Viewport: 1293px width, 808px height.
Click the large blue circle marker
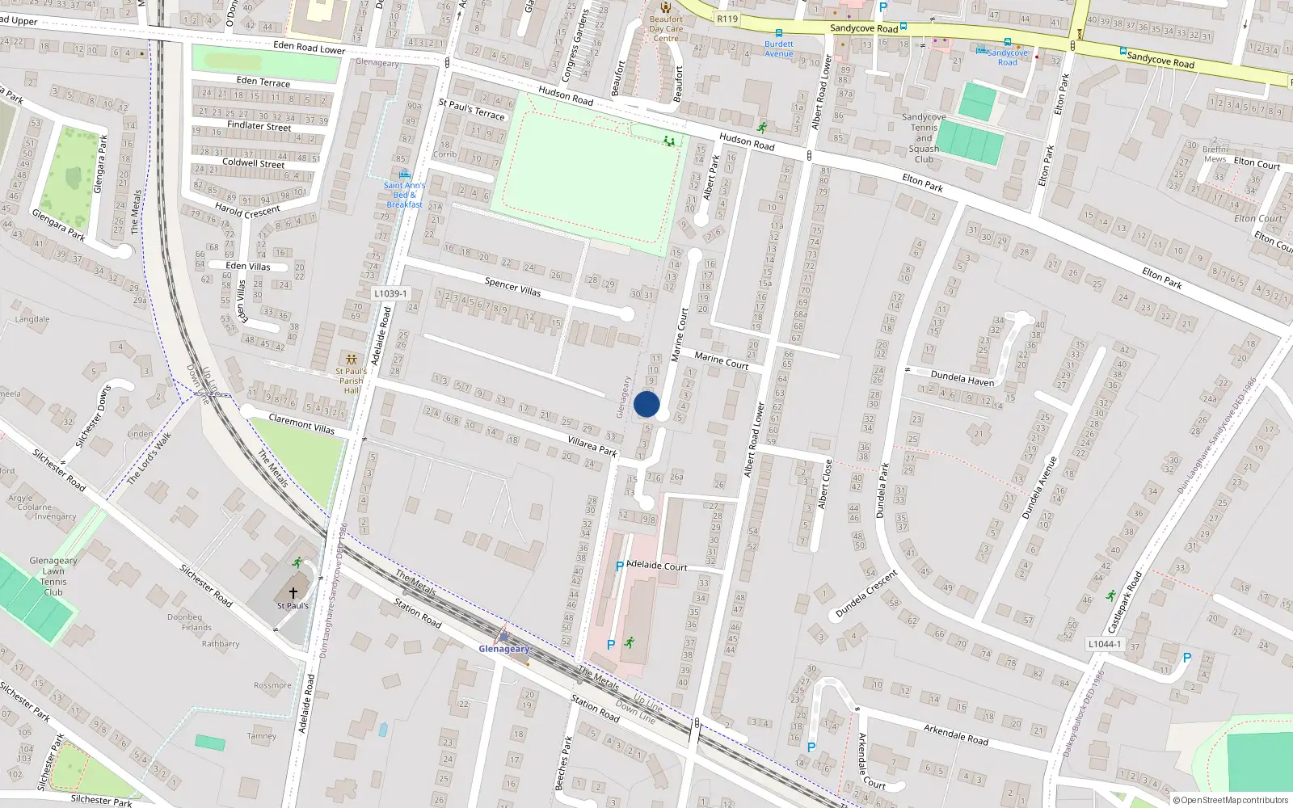coord(646,404)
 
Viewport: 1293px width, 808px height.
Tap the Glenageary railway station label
coord(504,649)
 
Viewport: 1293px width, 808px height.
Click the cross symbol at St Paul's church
coord(293,593)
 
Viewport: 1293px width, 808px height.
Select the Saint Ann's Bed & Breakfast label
coord(404,195)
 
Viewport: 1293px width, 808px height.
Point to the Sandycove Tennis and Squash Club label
coord(924,138)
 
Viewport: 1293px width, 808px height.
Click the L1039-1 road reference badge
coord(391,294)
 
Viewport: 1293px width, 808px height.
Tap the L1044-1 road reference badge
coord(1104,644)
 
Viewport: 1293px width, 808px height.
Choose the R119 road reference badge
coord(727,19)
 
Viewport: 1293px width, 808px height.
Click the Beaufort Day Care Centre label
coord(666,28)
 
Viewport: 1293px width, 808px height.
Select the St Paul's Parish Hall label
coord(351,381)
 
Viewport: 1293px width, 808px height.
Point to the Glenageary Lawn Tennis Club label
coord(53,576)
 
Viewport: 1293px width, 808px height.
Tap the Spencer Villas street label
coord(512,286)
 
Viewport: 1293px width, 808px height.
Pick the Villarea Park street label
coord(592,446)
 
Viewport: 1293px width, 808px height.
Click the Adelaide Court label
coord(657,566)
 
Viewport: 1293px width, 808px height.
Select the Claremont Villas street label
coord(301,423)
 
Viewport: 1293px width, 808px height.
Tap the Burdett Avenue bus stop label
coord(779,48)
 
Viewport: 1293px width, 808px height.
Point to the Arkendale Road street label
coord(956,734)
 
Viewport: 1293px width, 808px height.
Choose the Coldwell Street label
coord(254,163)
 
